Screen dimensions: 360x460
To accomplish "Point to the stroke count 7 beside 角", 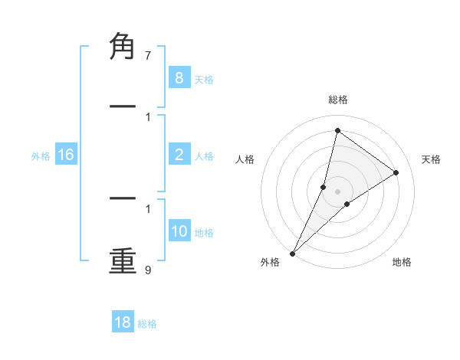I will [148, 56].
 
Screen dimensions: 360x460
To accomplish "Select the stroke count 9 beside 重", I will [148, 270].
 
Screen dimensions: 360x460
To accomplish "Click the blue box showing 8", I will [179, 77].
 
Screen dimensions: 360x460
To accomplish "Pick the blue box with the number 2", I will [179, 155].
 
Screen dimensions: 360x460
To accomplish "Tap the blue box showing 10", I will [179, 231].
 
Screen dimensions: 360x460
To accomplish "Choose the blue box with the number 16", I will [66, 155].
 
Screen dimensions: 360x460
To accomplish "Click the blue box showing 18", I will [123, 322].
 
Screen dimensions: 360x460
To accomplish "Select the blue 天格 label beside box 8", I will [204, 79].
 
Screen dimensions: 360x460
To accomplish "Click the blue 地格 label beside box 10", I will [204, 233].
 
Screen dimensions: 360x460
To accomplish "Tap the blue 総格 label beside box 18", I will [147, 324].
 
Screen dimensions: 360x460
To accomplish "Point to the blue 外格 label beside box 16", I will [41, 156].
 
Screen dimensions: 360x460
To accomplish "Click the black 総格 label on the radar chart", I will [337, 100].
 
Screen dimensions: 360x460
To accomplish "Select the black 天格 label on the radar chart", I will [431, 159].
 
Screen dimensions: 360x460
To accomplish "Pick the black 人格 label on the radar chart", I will [245, 159].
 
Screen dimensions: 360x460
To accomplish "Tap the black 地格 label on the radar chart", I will [402, 262].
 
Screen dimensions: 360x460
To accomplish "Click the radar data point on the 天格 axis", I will [396, 172].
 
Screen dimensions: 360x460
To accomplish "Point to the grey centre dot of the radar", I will [337, 191].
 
